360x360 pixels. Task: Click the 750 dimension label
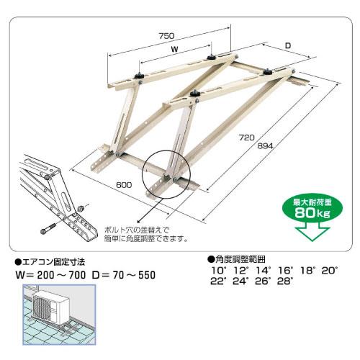click(x=166, y=36)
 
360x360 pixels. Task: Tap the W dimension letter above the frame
click(x=175, y=49)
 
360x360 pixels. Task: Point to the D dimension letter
click(x=288, y=45)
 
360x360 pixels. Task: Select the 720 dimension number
click(x=246, y=138)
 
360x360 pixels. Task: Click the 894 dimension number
click(x=265, y=145)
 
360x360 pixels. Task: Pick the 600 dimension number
click(x=124, y=185)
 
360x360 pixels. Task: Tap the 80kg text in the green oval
click(x=312, y=212)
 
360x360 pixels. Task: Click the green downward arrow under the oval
click(x=312, y=231)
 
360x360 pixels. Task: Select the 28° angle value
click(x=285, y=281)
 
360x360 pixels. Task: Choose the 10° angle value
click(x=219, y=271)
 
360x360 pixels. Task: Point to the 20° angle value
click(x=330, y=271)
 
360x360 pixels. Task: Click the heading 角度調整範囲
click(x=237, y=259)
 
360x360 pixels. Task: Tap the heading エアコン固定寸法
click(x=50, y=262)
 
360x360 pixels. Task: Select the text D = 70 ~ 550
click(x=124, y=275)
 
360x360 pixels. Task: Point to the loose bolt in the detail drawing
click(x=48, y=229)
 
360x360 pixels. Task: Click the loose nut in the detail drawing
click(x=81, y=208)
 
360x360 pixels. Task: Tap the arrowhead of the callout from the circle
click(x=138, y=222)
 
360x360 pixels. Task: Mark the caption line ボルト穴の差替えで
click(x=137, y=230)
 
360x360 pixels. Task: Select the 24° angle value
click(x=240, y=281)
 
